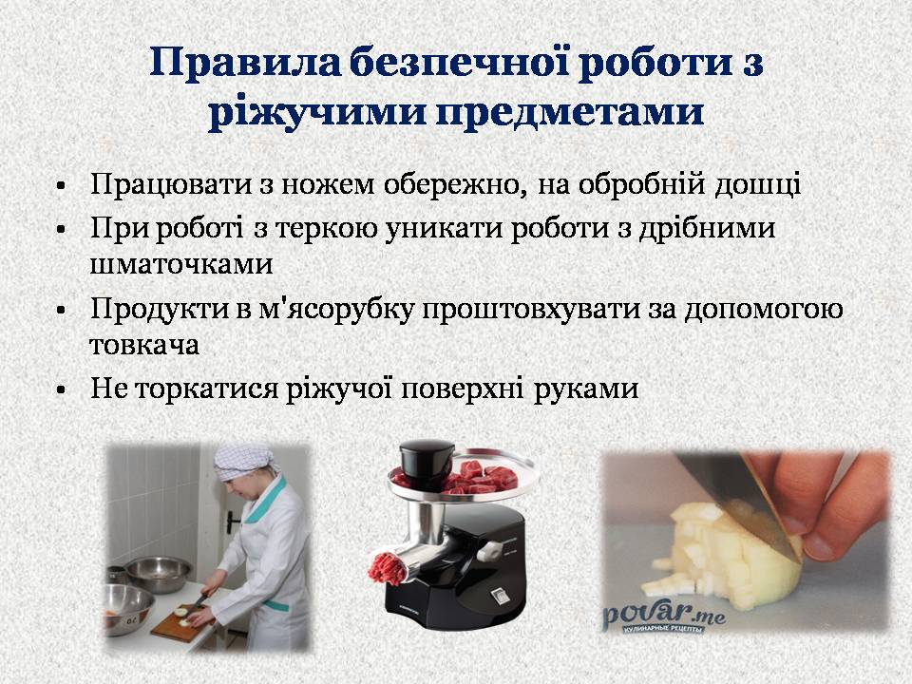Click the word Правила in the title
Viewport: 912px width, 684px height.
click(x=245, y=62)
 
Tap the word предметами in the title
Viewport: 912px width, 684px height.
click(x=569, y=112)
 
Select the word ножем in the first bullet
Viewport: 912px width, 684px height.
click(x=328, y=184)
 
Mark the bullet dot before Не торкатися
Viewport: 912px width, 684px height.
click(x=61, y=390)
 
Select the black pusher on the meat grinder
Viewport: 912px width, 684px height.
click(x=427, y=463)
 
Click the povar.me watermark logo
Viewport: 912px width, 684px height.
click(x=664, y=617)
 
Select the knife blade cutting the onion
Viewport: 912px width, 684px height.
click(x=739, y=501)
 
